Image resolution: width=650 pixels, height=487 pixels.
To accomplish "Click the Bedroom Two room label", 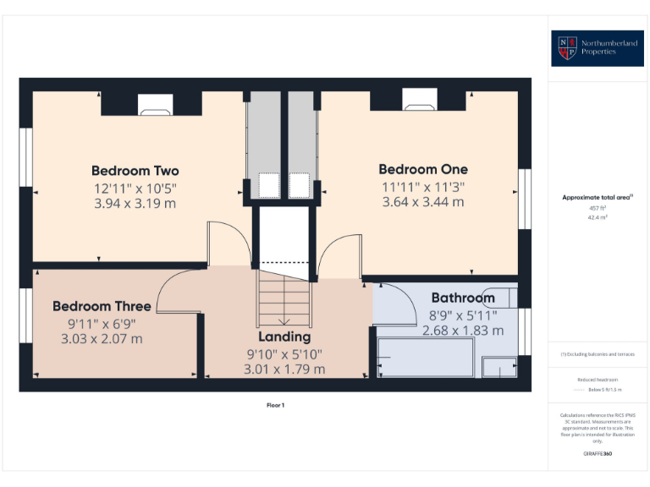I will (135, 171).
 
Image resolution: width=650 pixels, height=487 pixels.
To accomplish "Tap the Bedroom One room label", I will (423, 169).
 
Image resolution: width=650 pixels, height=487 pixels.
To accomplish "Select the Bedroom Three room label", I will (102, 306).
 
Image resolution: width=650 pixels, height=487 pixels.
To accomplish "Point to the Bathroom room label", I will (463, 298).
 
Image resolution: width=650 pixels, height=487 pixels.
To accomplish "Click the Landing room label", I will (284, 337).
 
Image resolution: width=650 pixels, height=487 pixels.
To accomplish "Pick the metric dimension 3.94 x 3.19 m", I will (135, 203).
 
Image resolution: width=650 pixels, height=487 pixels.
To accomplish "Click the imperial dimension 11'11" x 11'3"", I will (423, 186).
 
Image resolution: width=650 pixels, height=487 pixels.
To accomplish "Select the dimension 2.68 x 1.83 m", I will (463, 331).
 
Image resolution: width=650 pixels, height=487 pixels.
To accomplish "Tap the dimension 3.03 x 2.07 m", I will (102, 339).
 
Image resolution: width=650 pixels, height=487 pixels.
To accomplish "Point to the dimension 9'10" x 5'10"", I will (284, 353).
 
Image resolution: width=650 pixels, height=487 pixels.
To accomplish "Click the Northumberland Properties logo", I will (598, 48).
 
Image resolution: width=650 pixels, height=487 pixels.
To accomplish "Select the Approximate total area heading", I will (598, 197).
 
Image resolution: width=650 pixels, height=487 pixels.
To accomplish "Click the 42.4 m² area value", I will (598, 217).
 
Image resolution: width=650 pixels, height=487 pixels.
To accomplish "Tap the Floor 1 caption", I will (276, 406).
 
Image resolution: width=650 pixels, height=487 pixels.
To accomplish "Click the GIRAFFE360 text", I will (598, 455).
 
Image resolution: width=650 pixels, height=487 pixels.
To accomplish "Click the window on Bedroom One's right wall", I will (525, 199).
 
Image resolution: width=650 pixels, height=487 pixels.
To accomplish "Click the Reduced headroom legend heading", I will (598, 380).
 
